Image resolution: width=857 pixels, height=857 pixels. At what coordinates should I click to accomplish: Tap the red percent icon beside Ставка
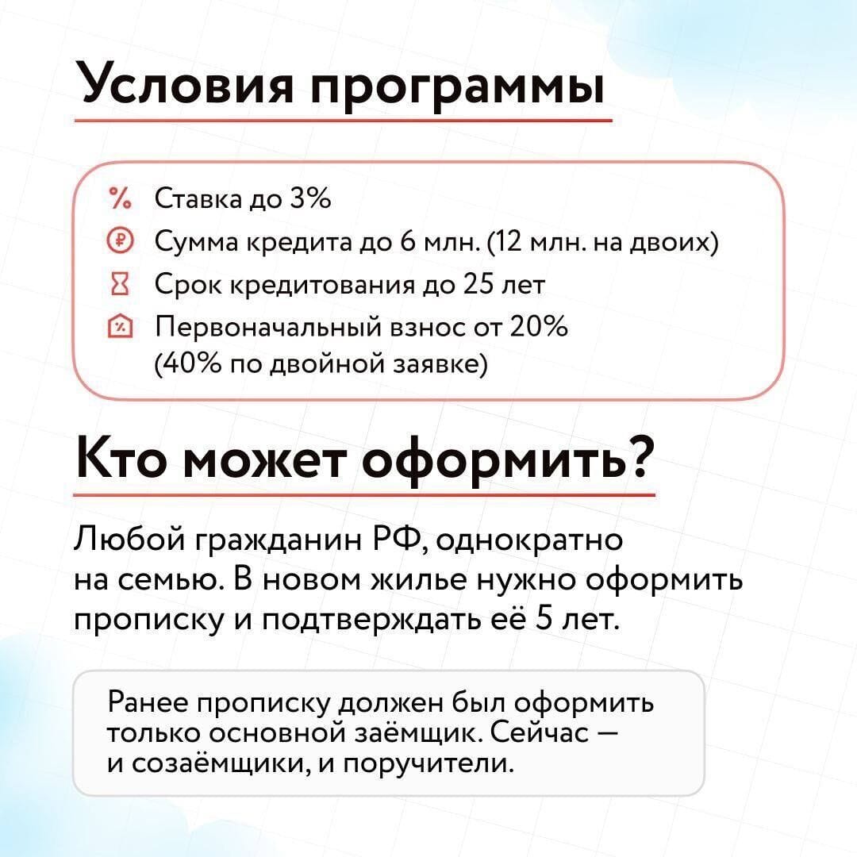pos(121,198)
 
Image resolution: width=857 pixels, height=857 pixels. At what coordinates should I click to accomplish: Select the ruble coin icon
pos(121,241)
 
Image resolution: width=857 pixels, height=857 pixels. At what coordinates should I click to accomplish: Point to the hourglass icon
pos(121,284)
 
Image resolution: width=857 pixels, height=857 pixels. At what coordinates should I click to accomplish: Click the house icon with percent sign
pos(121,327)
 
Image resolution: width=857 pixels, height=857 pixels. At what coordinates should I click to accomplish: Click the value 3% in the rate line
pos(310,198)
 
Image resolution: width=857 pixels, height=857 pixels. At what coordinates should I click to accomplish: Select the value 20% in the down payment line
pos(539,326)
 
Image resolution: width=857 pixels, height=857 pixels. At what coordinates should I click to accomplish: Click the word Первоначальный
pos(268,328)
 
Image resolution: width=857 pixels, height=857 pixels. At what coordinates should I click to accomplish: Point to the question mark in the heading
pos(640,458)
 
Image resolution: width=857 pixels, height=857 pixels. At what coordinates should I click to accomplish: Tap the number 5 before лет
pos(543,617)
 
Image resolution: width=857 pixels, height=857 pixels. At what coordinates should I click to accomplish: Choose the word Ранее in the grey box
pos(147,701)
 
